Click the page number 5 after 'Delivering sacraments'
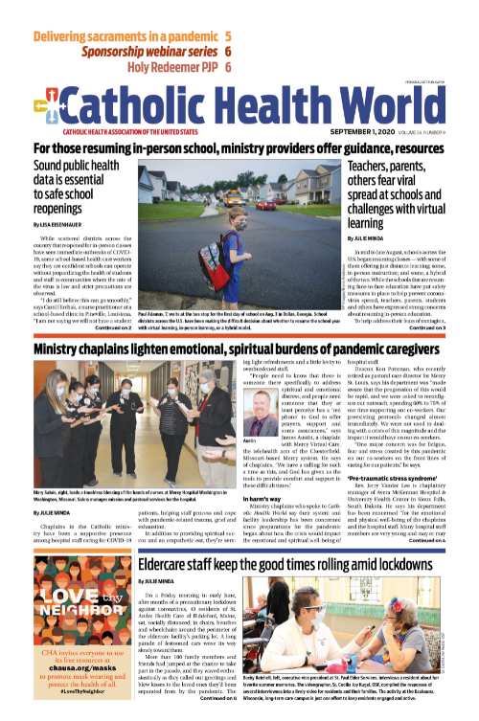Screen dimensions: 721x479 pos(228,37)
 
